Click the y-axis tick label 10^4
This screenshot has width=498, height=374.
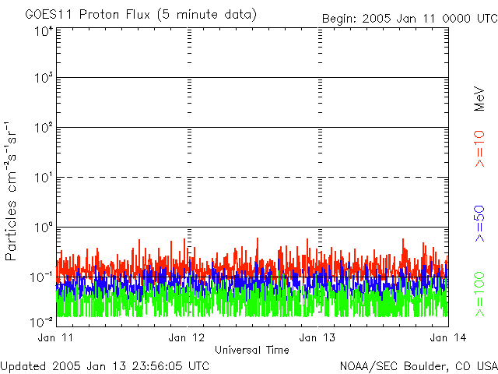pos(43,32)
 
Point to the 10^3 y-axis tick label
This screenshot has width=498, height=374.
pos(43,79)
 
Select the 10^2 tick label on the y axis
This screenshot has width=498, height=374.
pos(43,128)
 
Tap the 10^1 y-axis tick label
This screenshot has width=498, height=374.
pos(43,178)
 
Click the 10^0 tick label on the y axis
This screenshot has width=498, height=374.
pos(43,228)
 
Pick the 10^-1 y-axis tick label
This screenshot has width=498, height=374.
pos(41,277)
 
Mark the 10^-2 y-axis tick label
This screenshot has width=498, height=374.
pos(41,322)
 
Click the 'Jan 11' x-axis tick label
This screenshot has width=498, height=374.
pos(56,337)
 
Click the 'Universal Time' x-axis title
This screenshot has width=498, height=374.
pos(251,350)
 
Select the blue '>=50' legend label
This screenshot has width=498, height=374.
pos(479,223)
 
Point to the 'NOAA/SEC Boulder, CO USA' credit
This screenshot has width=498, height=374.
pos(418,365)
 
